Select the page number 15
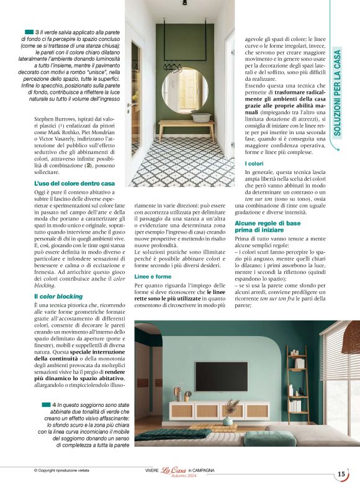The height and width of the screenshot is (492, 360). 341,474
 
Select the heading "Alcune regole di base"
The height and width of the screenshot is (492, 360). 268,222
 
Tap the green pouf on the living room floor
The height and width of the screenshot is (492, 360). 261,439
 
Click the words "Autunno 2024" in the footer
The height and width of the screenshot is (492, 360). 174,476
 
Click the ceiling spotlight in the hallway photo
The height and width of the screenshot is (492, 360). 184,3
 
